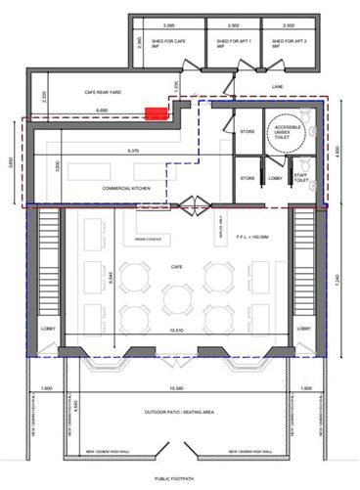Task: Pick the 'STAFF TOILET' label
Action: [x=300, y=179]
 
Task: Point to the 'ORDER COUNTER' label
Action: [x=147, y=238]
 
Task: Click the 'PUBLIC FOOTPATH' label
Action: [x=177, y=478]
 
